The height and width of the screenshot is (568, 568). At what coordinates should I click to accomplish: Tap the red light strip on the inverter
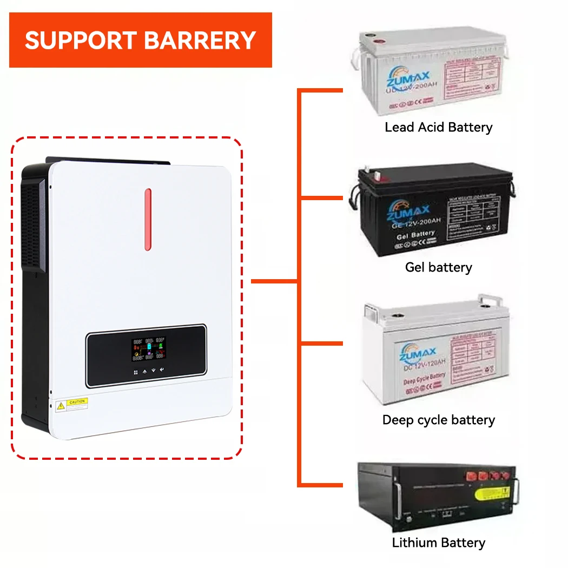coord(148,220)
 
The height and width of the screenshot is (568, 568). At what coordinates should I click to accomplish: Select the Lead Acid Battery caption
coord(438,128)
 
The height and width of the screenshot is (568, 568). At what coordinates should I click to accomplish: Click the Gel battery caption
coord(438,267)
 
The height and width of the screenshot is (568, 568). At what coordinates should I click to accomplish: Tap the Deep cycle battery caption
coord(438,420)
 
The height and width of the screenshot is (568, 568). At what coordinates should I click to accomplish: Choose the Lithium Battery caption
coord(438,543)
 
